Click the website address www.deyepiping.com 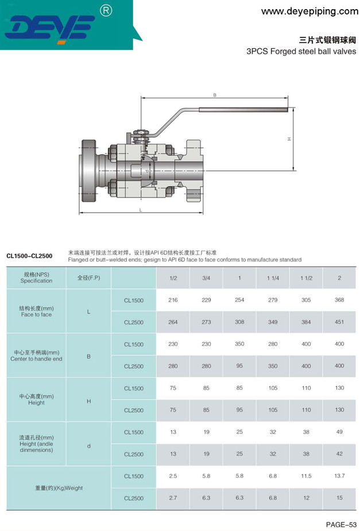pos(309,11)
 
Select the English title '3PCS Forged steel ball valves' pos(301,51)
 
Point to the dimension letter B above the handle pos(214,95)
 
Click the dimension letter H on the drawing pos(289,138)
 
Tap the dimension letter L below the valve pos(141,210)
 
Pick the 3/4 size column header pos(206,278)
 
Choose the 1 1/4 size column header pos(273,278)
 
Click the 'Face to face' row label pos(36,315)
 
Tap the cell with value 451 pos(339,322)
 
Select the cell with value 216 pos(173,300)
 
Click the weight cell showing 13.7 pos(339,476)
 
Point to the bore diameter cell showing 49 pos(339,432)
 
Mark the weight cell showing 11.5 pos(306,476)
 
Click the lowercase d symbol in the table pos(88,443)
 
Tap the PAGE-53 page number pos(341,524)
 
